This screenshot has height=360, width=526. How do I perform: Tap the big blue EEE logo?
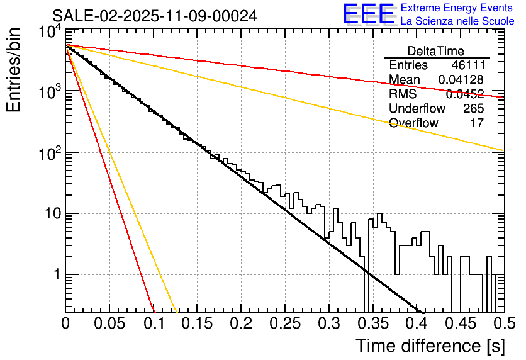369,14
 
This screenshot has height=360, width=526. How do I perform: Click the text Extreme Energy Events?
457,8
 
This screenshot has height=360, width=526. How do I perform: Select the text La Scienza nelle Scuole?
457,21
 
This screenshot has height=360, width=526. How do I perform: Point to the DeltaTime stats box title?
436,51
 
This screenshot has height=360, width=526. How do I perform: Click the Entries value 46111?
467,65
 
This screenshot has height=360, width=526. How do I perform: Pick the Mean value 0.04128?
461,80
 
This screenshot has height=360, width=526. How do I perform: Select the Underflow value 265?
473,108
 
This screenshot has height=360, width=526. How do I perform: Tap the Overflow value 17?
477,123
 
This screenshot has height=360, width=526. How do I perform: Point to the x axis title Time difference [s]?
429,346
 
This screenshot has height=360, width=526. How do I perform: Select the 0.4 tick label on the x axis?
416,323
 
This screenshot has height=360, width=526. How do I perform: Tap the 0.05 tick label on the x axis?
109,323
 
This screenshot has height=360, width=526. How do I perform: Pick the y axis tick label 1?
55,275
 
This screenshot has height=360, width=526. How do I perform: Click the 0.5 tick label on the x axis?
503,323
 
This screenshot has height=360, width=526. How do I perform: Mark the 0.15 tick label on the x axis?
197,323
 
